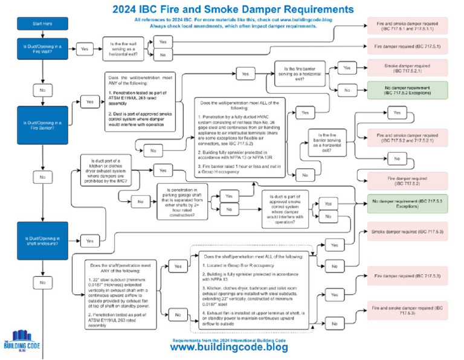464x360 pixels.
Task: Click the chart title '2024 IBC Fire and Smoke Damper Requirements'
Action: tap(233, 10)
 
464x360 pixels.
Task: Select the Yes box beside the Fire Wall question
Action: tap(84, 49)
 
